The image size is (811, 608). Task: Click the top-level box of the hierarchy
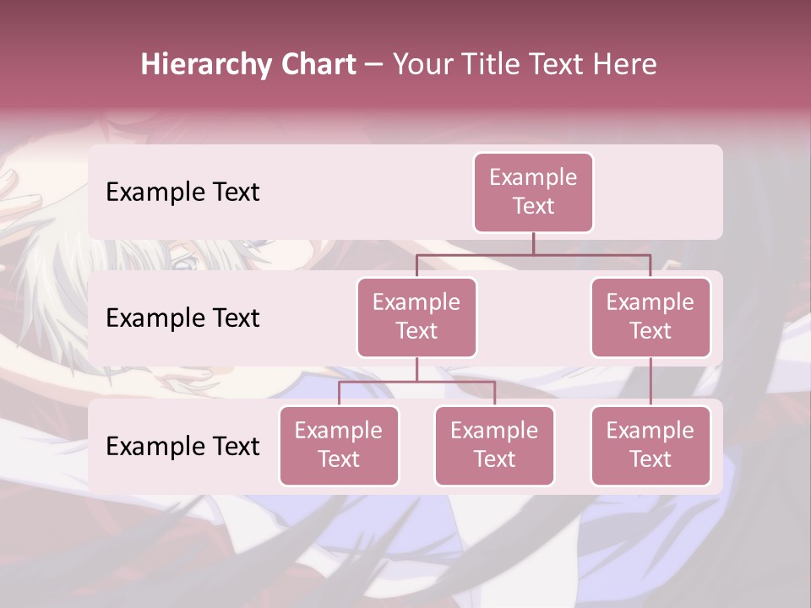(533, 193)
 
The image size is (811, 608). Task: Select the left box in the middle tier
(416, 318)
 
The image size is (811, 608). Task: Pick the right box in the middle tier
(650, 318)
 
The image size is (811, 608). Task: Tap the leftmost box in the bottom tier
(339, 446)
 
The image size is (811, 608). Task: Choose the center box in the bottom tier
(494, 446)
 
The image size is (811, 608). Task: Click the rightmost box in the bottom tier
(650, 446)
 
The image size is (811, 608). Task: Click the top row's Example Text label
(182, 193)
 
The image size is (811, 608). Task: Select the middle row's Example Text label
(182, 318)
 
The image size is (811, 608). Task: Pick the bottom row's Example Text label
(182, 446)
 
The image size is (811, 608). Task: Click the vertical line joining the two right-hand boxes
(650, 382)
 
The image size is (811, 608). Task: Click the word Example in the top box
(533, 177)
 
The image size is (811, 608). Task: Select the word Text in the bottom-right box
(650, 459)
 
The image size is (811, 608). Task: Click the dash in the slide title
(374, 65)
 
